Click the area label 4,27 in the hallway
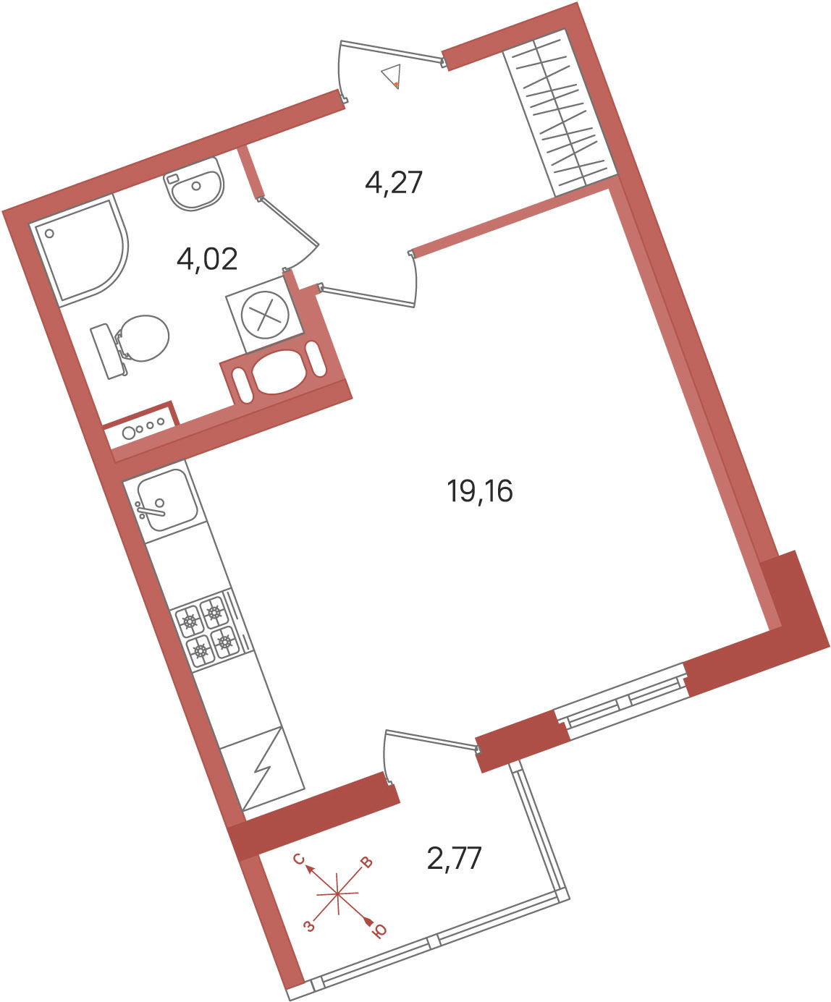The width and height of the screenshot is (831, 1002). [394, 183]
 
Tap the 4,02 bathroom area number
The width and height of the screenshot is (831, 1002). [207, 260]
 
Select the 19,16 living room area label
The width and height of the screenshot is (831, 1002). [480, 491]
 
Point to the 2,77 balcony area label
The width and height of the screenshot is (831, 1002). [454, 859]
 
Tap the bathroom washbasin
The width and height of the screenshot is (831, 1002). [194, 184]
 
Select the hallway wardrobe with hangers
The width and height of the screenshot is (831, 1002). [560, 114]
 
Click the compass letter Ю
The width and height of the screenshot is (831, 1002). [379, 931]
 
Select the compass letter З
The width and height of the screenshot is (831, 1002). [310, 925]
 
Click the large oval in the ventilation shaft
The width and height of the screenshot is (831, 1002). [277, 372]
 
